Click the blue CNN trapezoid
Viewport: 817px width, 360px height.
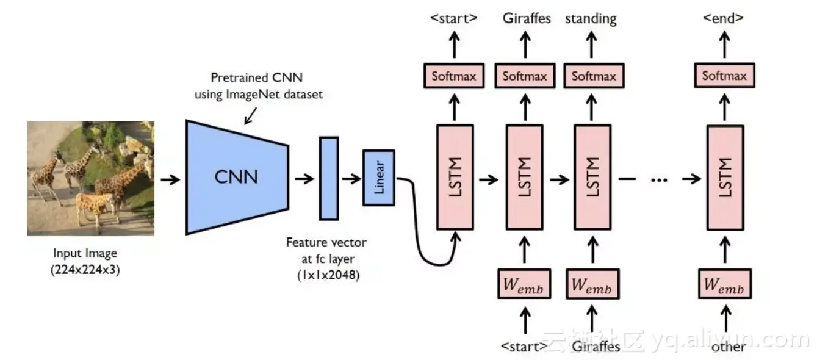(237, 177)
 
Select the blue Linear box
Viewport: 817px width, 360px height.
(379, 178)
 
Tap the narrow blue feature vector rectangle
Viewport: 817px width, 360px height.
(328, 178)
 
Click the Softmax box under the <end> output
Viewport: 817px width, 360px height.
(724, 76)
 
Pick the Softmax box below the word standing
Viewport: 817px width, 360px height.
(593, 76)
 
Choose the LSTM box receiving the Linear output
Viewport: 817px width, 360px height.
(455, 177)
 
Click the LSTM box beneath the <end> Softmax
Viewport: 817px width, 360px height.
(725, 177)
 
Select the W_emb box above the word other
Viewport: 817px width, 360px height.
(724, 284)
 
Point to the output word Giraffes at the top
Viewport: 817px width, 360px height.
(527, 18)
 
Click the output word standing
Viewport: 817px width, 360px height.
(591, 19)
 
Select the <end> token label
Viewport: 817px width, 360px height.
(723, 18)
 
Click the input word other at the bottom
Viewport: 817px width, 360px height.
(728, 347)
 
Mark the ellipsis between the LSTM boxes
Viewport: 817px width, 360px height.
(660, 179)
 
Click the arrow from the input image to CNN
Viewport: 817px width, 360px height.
(170, 179)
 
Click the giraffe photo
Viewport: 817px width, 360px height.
(90, 178)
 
